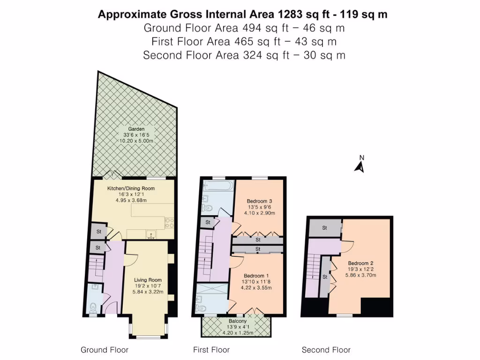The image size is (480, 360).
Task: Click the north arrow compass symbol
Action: coord(360,165)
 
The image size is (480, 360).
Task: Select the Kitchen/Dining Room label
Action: coord(131,188)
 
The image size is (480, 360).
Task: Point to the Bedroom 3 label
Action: coord(259,201)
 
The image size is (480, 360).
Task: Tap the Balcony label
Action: coord(236,321)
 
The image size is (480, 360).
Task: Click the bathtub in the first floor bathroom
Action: coord(217,186)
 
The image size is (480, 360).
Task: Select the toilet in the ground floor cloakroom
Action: coord(93,307)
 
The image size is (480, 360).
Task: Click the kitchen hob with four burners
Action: coord(169,223)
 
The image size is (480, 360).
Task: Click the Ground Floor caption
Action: coord(105,350)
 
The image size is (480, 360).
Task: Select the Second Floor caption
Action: coord(326,350)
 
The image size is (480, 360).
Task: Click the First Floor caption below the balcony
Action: coord(211,350)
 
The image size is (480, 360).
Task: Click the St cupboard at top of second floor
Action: coord(325,228)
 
